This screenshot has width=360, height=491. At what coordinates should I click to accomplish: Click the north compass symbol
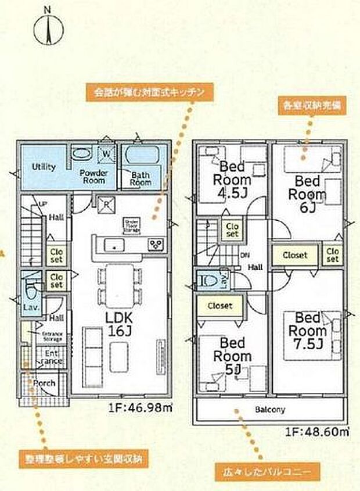(48, 29)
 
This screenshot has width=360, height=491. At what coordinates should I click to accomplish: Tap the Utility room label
(44, 167)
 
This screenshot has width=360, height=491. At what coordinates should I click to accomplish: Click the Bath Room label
(141, 178)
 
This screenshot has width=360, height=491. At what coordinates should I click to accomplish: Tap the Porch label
(44, 384)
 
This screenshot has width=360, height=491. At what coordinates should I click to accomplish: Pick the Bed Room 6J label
(305, 187)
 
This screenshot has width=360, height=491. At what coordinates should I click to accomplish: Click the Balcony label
(270, 410)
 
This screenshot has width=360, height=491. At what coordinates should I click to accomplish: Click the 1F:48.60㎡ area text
(316, 432)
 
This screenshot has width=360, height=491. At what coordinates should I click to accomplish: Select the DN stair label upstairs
(244, 255)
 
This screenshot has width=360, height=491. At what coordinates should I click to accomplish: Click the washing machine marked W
(107, 155)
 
